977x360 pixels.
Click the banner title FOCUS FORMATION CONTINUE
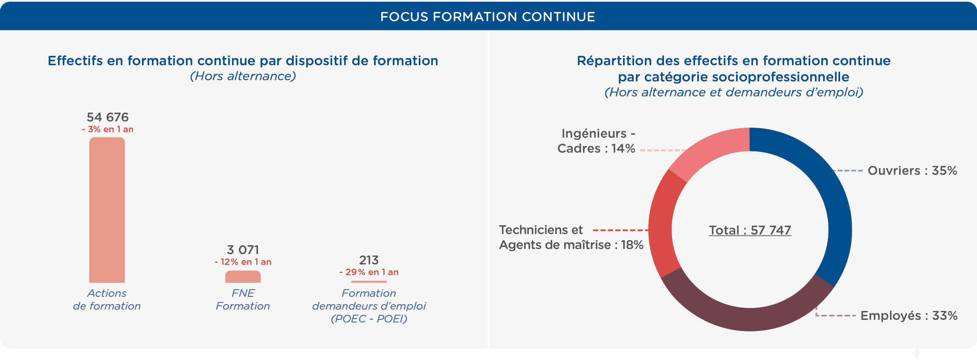(x=487, y=17)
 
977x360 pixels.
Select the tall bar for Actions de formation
(x=107, y=210)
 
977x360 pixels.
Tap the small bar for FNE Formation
(x=243, y=276)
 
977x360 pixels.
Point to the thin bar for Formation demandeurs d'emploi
(x=369, y=282)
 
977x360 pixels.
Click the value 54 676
(x=107, y=117)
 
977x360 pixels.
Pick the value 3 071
(x=243, y=250)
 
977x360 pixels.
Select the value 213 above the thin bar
(x=369, y=260)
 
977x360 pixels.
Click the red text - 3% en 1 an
(x=107, y=129)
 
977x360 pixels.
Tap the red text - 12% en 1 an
(x=243, y=262)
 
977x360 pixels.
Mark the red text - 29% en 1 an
(x=369, y=272)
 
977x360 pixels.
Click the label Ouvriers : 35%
(x=912, y=171)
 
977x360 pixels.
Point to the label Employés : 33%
(x=909, y=316)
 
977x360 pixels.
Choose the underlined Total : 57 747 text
(x=750, y=230)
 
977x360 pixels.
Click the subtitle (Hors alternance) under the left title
(x=243, y=76)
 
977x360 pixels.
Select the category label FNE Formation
(x=243, y=299)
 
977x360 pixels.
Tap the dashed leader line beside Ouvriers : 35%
(x=848, y=171)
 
